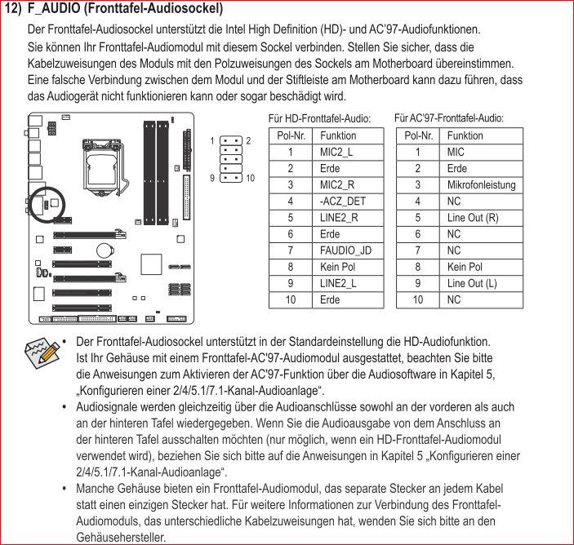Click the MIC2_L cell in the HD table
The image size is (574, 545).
(336, 152)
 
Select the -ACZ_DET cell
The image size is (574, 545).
(343, 202)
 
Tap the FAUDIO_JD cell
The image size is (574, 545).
(345, 250)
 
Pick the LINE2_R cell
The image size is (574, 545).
(339, 218)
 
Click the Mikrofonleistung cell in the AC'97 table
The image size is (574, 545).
(481, 185)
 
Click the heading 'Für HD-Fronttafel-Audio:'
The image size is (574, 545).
(319, 119)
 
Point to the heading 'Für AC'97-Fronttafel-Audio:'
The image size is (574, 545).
(448, 118)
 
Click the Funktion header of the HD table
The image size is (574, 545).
(338, 135)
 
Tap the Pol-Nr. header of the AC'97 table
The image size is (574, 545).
(417, 135)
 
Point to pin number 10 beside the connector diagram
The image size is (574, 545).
(250, 177)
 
